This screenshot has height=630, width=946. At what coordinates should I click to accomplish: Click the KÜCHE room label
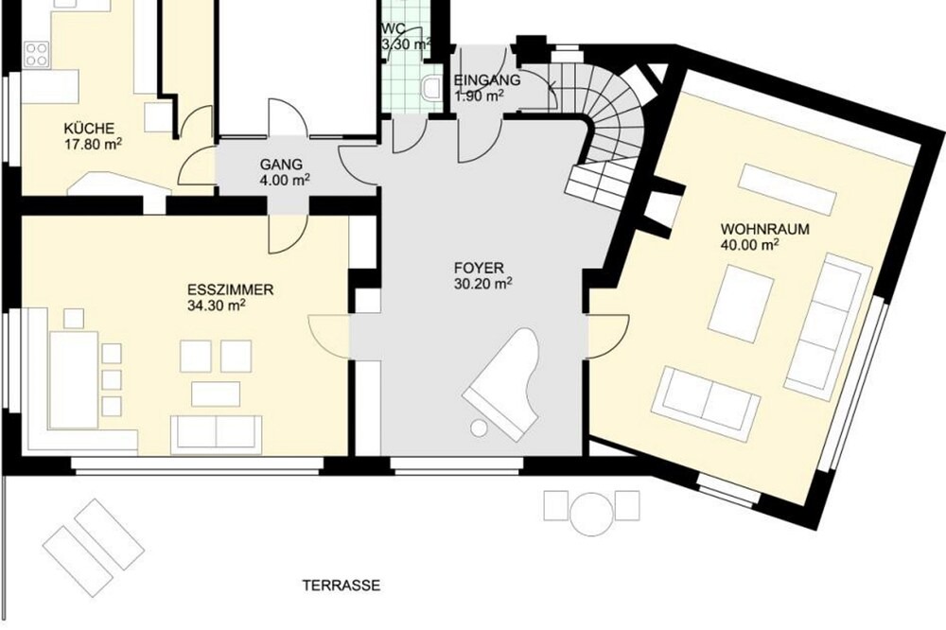point(89,129)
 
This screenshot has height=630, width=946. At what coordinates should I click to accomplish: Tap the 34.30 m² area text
point(216,306)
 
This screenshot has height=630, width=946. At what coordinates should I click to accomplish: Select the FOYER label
point(479,268)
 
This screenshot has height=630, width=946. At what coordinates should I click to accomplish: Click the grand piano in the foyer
point(500,382)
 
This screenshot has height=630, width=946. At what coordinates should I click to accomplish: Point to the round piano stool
point(479,428)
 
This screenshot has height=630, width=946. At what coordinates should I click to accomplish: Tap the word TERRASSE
point(342,586)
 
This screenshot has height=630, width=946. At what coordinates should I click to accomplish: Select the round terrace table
point(590,514)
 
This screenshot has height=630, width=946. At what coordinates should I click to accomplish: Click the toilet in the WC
point(430,88)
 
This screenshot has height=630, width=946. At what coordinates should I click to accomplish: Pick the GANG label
point(281,165)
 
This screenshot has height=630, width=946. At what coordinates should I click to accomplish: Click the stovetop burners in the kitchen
point(37,54)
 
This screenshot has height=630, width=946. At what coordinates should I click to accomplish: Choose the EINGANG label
point(487,79)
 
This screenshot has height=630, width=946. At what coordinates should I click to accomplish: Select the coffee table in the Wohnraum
point(741,304)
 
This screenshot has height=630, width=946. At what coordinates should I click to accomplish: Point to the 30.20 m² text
point(482,284)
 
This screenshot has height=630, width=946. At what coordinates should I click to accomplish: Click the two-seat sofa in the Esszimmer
point(216,434)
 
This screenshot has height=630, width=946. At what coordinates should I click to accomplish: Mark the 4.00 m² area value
point(285,180)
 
